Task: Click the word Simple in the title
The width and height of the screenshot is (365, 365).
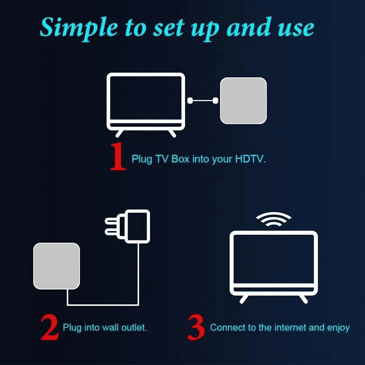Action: [x=78, y=28]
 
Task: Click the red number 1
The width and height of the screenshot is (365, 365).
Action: [x=118, y=158]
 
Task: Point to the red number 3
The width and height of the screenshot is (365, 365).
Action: [x=196, y=327]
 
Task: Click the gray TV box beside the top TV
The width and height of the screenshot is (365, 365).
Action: [x=243, y=100]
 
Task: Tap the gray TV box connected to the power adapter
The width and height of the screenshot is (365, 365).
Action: [x=57, y=266]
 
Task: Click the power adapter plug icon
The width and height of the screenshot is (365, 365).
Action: [x=136, y=226]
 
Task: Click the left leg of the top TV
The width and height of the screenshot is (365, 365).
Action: [x=120, y=133]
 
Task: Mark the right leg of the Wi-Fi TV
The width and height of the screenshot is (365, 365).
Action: [x=303, y=299]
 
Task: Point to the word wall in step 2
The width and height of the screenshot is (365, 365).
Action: [x=108, y=327]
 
